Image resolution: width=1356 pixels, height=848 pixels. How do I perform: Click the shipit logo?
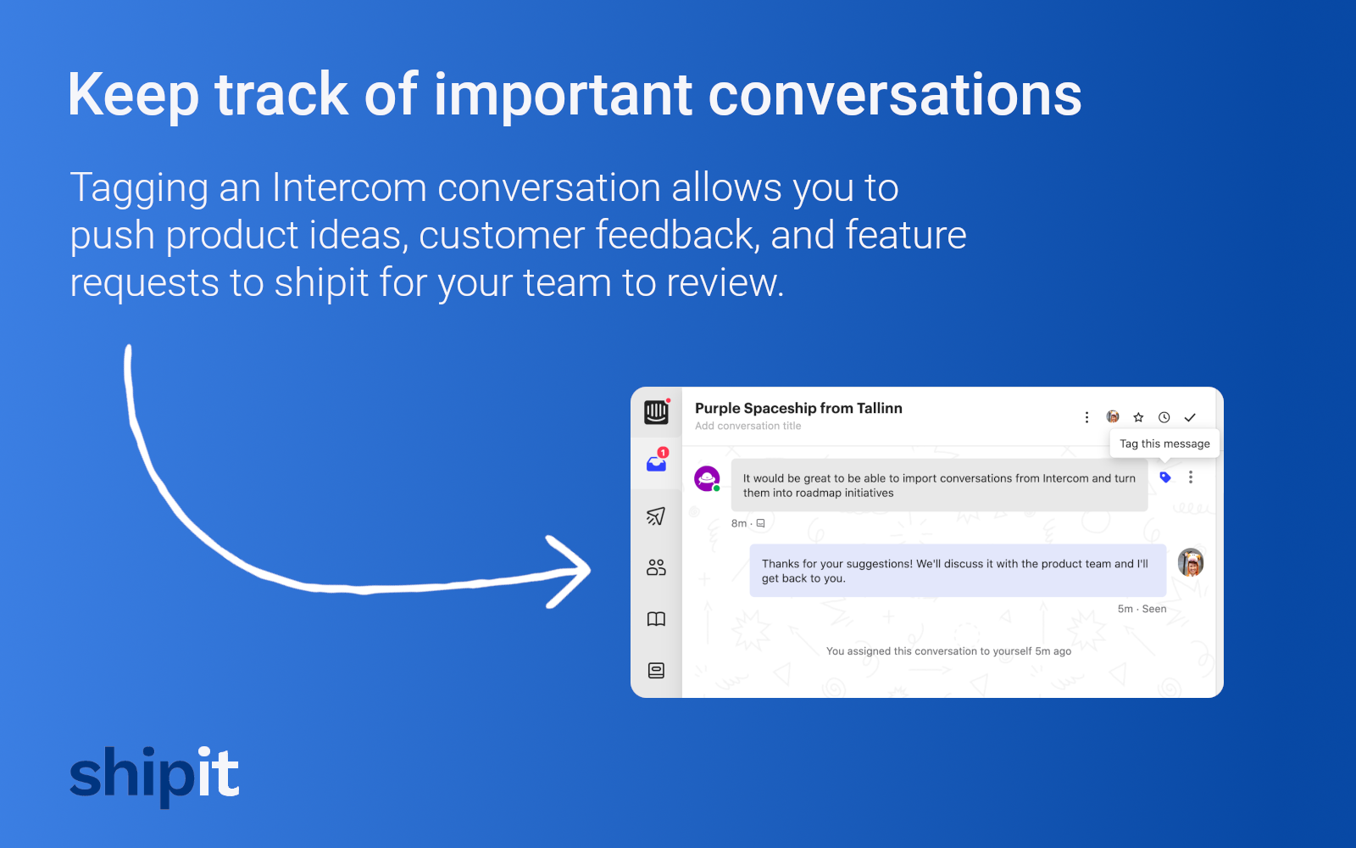pos(154,773)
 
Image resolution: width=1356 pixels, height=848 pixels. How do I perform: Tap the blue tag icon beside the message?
pos(1165,477)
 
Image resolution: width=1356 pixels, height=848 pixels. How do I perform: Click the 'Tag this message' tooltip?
pos(1164,444)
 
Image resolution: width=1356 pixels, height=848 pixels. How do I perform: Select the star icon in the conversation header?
pos(1138,417)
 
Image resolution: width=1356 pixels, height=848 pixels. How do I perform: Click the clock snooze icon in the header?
pos(1164,417)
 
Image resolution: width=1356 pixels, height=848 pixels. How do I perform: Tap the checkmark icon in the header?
pos(1190,417)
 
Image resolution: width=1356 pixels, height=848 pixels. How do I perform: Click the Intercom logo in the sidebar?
pos(656,412)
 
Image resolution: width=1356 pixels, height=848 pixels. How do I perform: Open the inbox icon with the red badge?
pos(657,462)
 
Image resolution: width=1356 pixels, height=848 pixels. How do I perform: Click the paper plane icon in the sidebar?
pos(656,516)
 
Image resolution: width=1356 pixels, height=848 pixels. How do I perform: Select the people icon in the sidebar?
pos(656,567)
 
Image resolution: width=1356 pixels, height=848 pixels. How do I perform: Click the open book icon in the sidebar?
pos(656,619)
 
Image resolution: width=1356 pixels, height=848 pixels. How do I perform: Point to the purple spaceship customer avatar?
pos(707,478)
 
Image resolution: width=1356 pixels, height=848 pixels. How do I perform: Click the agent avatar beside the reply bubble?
pos(1191,562)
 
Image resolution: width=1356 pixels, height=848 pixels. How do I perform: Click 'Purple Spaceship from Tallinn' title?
pos(798,408)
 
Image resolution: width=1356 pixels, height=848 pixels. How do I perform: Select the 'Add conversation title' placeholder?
pos(747,427)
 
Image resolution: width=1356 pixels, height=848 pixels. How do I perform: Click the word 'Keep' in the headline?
pos(133,95)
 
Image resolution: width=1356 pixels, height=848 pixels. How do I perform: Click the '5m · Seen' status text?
pos(1142,609)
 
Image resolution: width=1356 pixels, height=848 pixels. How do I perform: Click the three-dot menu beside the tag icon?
pos(1191,477)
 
